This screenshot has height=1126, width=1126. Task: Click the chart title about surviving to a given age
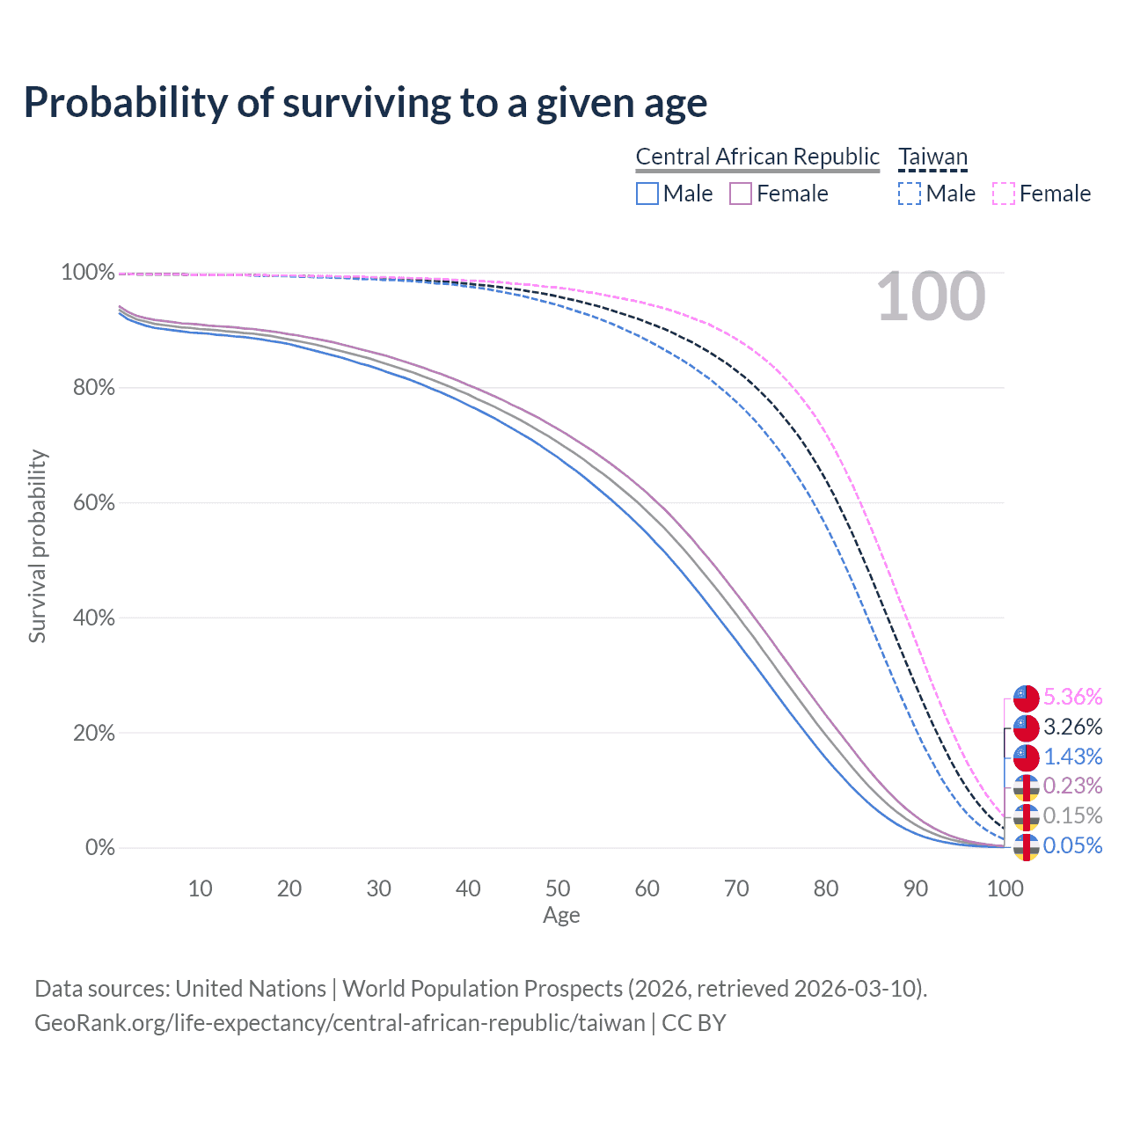pos(365,103)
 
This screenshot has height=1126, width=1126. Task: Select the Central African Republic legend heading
pos(757,157)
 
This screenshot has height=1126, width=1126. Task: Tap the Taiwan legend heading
pos(932,157)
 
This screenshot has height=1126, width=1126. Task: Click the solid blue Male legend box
pos(647,194)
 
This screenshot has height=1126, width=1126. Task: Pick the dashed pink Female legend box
pos(1004,194)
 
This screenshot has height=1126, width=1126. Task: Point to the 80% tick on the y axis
pos(94,388)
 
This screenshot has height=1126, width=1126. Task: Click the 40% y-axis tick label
pos(94,618)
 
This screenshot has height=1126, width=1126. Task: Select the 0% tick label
pos(100,848)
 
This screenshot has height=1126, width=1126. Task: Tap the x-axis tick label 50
pos(558,888)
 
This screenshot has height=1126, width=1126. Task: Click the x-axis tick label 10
pos(200,888)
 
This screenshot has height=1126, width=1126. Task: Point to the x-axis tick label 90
pos(916,888)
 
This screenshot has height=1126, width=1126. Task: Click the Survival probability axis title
pos(37,546)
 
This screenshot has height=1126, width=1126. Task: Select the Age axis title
pos(561,916)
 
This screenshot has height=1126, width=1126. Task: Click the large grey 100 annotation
pos(931,296)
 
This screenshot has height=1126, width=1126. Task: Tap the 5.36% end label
pos(1072,698)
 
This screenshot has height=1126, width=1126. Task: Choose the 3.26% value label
pos(1072,728)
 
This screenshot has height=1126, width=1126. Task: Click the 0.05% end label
pos(1072,846)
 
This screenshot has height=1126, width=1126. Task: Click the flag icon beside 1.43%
pos(1026,757)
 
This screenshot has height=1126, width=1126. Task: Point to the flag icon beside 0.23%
pos(1026,786)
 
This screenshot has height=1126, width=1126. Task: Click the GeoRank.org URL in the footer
pos(340,1023)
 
